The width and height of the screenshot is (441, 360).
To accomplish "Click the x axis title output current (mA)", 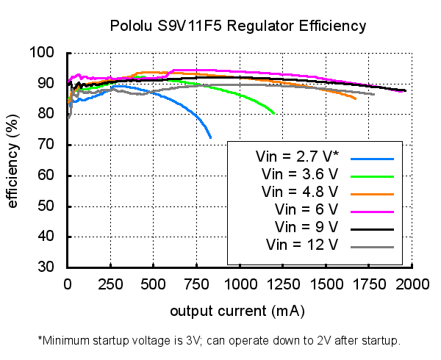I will pyautogui.click(x=237, y=312).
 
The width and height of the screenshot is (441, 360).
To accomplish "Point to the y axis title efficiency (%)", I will pyautogui.click(x=12, y=160).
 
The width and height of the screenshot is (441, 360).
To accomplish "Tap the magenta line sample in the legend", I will pyautogui.click(x=373, y=211).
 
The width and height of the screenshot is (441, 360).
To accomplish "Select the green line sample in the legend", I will pyautogui.click(x=373, y=176).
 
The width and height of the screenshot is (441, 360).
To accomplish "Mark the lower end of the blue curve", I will pyautogui.click(x=211, y=138).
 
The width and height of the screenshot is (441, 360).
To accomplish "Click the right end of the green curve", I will pyautogui.click(x=274, y=113).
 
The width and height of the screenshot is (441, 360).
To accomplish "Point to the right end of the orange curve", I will pyautogui.click(x=356, y=98).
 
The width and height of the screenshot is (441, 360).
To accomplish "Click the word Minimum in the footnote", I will pyautogui.click(x=71, y=341).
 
